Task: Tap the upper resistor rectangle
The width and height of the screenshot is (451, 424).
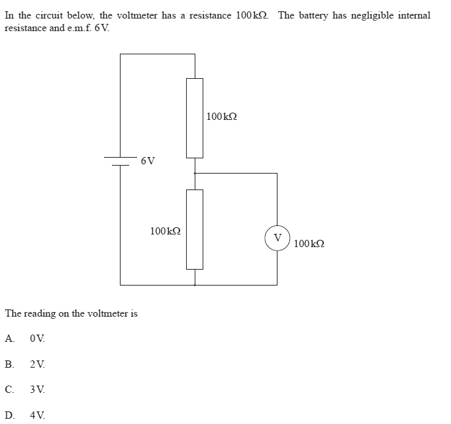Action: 195,117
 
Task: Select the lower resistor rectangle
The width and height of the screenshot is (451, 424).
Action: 195,229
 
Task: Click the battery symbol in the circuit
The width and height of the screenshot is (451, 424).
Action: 120,161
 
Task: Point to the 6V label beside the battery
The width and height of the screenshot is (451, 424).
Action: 148,160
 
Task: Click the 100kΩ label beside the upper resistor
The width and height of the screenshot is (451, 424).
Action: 221,117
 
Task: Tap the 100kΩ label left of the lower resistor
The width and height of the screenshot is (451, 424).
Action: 165,231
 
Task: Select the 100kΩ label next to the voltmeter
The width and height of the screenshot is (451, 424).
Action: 309,244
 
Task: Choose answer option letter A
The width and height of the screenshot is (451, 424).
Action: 9,338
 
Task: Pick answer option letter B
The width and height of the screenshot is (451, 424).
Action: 9,364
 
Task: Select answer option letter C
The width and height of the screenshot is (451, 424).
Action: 9,390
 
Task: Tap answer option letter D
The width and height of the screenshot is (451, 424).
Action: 9,415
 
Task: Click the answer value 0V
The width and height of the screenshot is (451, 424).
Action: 38,338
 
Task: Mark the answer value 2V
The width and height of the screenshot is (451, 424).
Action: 38,364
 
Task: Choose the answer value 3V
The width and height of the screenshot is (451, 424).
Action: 38,390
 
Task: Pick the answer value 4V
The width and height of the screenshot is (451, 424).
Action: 38,415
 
